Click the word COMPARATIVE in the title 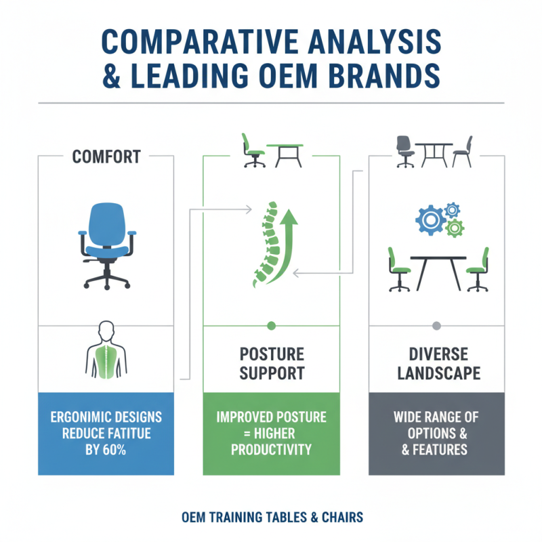(x=200, y=41)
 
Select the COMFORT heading (x=106, y=157)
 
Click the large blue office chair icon (x=107, y=246)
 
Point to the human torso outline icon (x=106, y=350)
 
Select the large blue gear (x=430, y=220)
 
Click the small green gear (x=455, y=228)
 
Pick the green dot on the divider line (x=272, y=326)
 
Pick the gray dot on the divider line (x=436, y=326)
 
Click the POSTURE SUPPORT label (x=272, y=364)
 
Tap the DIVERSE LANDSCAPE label (x=438, y=364)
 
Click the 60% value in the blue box (x=114, y=450)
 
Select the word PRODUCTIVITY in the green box (x=272, y=450)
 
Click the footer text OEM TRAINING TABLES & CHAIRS (x=272, y=518)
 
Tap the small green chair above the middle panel (x=253, y=150)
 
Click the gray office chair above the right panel (x=405, y=151)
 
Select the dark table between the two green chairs (x=438, y=273)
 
